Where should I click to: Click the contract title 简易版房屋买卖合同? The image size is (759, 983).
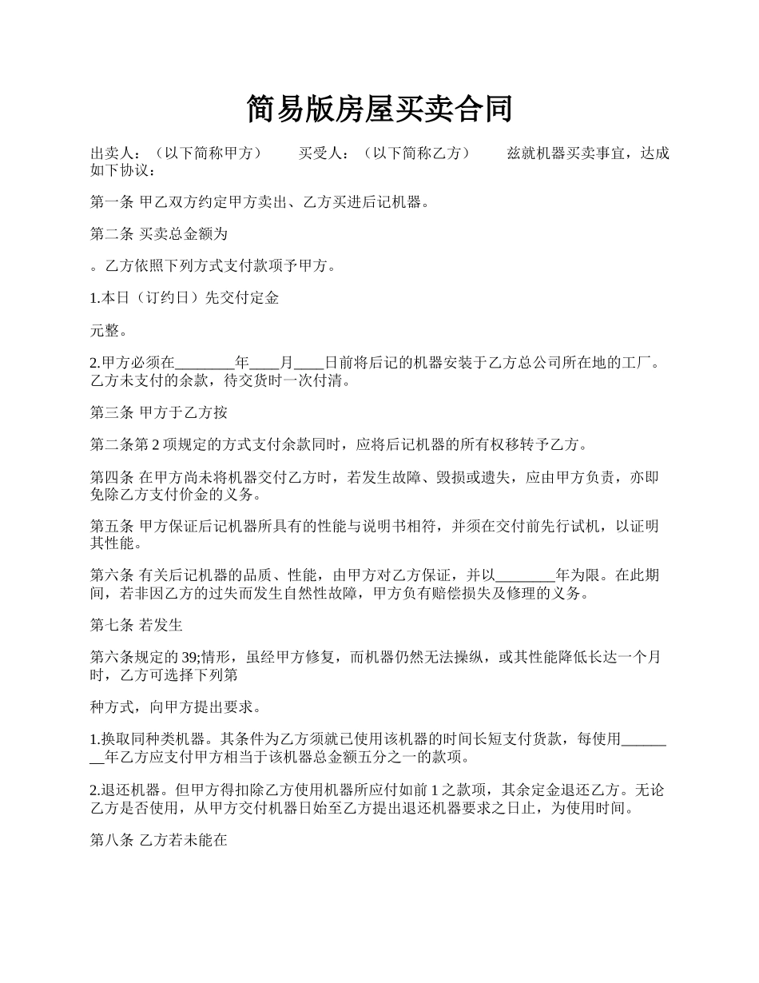click(379, 109)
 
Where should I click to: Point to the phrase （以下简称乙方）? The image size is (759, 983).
click(415, 153)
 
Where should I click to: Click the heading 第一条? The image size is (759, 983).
click(112, 202)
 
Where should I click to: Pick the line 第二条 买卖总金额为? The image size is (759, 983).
click(159, 234)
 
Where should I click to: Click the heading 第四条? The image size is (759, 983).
click(112, 478)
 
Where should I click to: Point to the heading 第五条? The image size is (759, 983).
click(112, 527)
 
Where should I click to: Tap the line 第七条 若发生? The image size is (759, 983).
click(137, 625)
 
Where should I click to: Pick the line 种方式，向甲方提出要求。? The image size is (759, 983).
click(176, 706)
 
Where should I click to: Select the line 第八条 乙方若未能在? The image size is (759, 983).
click(159, 840)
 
